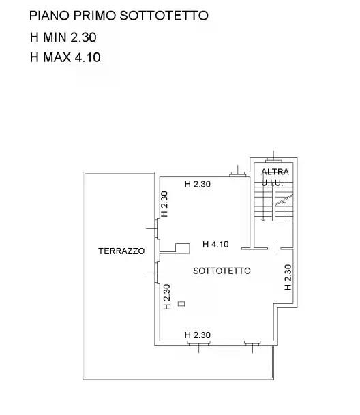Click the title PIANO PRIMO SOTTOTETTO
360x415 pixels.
pyautogui.click(x=119, y=16)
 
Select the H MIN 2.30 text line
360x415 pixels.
pyautogui.click(x=63, y=37)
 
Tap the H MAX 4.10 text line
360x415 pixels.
pyautogui.click(x=65, y=57)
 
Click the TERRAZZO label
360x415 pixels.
pyautogui.click(x=121, y=251)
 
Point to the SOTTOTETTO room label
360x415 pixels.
pyautogui.click(x=222, y=271)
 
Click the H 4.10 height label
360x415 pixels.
pyautogui.click(x=215, y=244)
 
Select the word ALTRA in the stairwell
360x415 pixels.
pyautogui.click(x=275, y=172)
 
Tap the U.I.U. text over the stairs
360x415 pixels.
pyautogui.click(x=272, y=183)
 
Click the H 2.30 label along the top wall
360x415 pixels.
pyautogui.click(x=198, y=184)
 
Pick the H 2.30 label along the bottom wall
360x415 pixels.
pyautogui.click(x=198, y=335)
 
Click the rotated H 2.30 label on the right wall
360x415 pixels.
pyautogui.click(x=288, y=277)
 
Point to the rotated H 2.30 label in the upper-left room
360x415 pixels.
pyautogui.click(x=164, y=204)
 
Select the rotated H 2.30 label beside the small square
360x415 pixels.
pyautogui.click(x=166, y=296)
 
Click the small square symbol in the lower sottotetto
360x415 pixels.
pyautogui.click(x=181, y=303)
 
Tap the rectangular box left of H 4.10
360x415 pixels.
pyautogui.click(x=183, y=248)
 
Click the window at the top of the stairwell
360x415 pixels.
pyautogui.click(x=273, y=160)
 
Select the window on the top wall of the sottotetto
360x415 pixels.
pyautogui.click(x=238, y=174)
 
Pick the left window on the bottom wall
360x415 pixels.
pyautogui.click(x=198, y=343)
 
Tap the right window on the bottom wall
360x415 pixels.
pyautogui.click(x=252, y=343)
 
